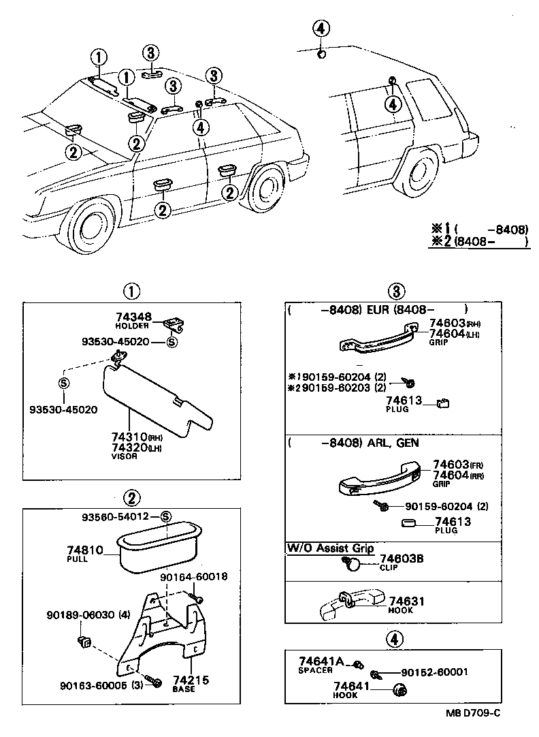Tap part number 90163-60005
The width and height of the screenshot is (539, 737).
(x=95, y=685)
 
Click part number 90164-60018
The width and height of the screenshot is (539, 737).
(x=193, y=577)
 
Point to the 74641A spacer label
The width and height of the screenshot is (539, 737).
(x=321, y=661)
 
